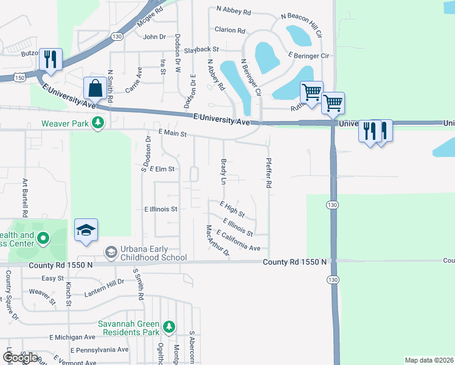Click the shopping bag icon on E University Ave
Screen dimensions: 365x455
[x=96, y=88]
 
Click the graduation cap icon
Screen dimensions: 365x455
[x=86, y=230]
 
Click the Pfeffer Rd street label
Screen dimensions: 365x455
[x=267, y=173]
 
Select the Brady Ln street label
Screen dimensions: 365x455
[x=223, y=173]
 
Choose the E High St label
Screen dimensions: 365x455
[x=232, y=210]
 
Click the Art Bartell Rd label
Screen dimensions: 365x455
[x=26, y=198]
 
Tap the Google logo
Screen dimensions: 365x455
[x=20, y=358]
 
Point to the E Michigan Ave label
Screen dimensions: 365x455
[x=72, y=337]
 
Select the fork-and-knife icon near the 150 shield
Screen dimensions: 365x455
[x=50, y=59]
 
